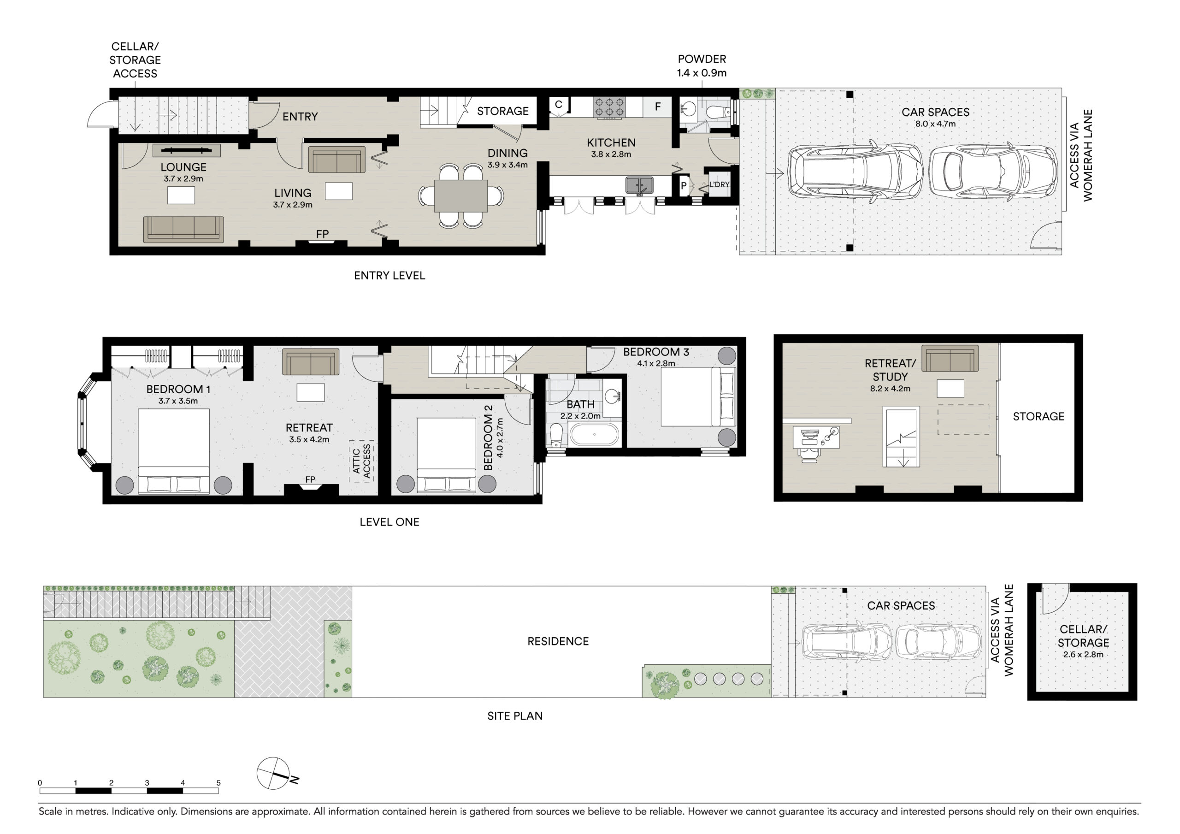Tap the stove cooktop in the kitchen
point(609,107)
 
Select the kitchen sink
point(639,185)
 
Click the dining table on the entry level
point(461,195)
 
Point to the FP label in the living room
point(322,234)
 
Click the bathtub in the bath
point(594,434)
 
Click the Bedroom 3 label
point(656,352)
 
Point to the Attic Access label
point(362,461)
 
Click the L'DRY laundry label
point(719,184)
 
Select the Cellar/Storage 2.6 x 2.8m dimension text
point(1083,655)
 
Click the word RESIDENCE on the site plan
point(558,641)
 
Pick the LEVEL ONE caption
point(389,522)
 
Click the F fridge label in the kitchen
point(657,107)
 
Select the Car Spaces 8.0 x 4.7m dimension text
point(935,124)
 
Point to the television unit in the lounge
point(187,151)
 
